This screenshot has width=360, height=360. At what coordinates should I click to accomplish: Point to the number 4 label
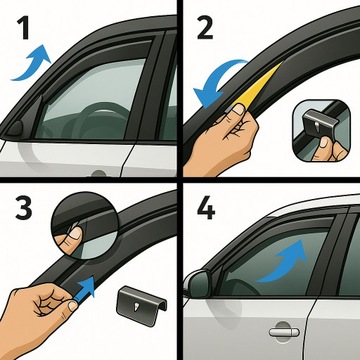pos(206,213)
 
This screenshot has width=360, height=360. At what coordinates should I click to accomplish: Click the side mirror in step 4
pos(196,283)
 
